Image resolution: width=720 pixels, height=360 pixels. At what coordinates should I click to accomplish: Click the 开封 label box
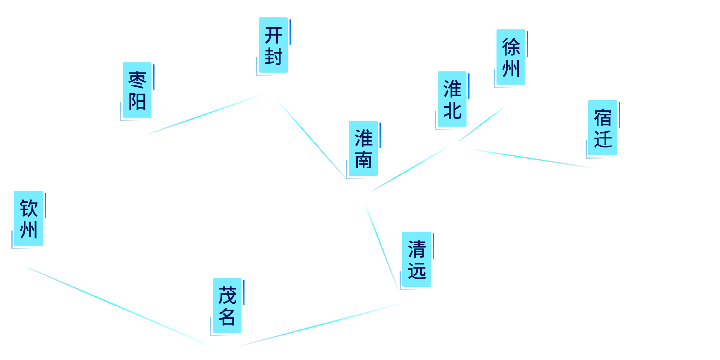[273, 45]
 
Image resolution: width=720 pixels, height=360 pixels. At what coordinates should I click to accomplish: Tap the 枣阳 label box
[137, 90]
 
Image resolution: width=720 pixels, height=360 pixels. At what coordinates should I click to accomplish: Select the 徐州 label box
[511, 57]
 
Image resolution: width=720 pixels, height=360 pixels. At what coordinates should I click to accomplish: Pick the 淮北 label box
[452, 99]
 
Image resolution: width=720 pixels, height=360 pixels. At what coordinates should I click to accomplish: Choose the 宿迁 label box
[602, 128]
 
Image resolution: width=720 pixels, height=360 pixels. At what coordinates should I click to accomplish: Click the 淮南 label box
[363, 148]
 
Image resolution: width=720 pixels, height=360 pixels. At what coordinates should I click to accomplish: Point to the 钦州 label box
[28, 218]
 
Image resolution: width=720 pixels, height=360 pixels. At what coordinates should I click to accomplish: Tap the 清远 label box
[416, 259]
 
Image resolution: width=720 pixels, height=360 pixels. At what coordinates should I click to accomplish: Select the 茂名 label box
[227, 305]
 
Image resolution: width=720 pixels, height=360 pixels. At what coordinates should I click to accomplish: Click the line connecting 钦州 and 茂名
[123, 308]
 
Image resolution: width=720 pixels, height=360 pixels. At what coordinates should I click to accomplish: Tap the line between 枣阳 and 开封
[205, 114]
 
